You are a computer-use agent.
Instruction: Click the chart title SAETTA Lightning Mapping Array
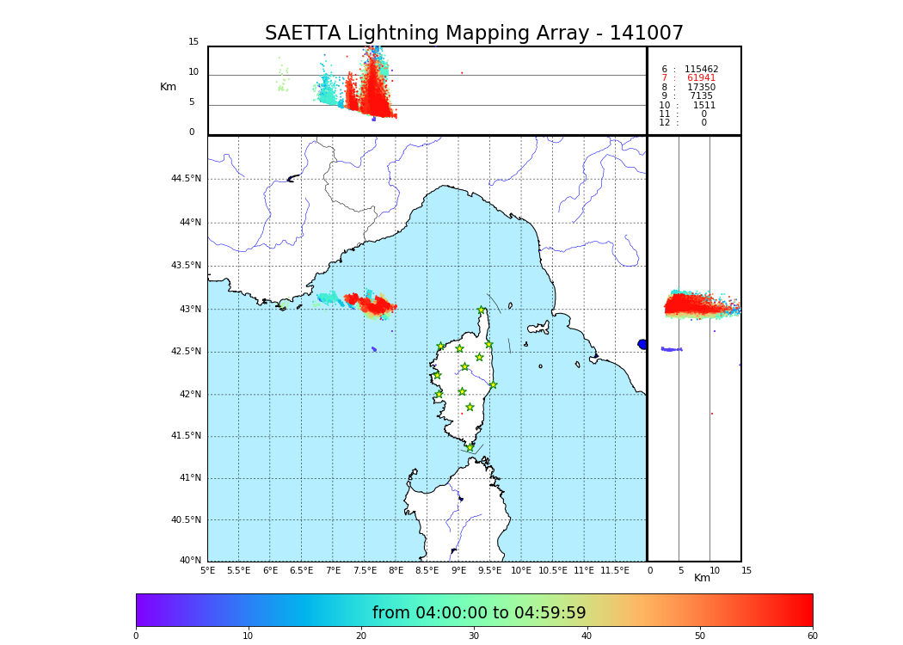coord(474,34)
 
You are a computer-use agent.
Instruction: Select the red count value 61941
coord(701,78)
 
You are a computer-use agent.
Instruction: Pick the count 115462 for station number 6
coord(701,70)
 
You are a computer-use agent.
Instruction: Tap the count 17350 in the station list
coord(701,88)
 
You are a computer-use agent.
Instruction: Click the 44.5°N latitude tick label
coord(186,179)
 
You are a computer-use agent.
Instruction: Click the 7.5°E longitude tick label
coord(365,570)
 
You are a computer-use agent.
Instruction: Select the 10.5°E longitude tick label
coord(553,570)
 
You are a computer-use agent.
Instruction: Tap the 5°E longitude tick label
coord(208,570)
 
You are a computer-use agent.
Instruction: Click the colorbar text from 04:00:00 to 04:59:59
coord(479,613)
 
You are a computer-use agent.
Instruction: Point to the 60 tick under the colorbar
coord(812,636)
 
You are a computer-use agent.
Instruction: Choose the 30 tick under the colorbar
coord(474,636)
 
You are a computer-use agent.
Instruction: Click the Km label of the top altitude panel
coord(168,87)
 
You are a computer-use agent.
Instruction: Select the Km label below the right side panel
coord(703,578)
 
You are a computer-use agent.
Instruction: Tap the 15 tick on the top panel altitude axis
coord(193,42)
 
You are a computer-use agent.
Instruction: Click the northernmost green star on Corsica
coord(482,310)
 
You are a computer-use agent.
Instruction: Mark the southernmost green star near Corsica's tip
coord(470,447)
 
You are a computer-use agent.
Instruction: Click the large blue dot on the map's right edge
coord(642,344)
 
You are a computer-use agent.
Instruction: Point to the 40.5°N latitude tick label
coord(186,520)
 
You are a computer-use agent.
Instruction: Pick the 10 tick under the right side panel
coord(715,570)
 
